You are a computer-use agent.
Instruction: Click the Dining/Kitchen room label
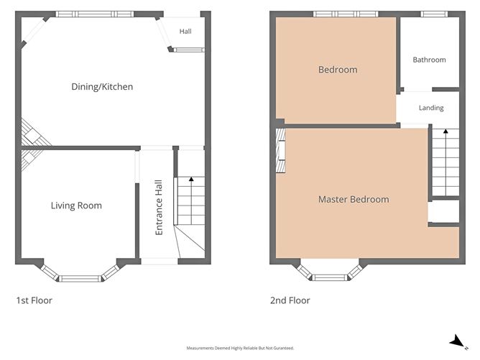point(102,87)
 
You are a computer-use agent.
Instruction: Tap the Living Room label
point(76,206)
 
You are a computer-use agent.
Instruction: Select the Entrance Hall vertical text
point(159,208)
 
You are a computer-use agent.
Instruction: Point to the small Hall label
point(185,31)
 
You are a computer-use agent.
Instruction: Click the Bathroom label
point(429,60)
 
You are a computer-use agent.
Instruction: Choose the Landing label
point(431,108)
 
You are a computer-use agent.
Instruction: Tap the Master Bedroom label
point(354,200)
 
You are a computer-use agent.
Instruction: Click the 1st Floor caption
point(34,300)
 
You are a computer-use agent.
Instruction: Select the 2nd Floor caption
point(290,300)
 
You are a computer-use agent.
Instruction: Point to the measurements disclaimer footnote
point(240,348)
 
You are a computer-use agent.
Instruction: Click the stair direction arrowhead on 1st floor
point(191,179)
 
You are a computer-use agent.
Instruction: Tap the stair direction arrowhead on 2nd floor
point(446,131)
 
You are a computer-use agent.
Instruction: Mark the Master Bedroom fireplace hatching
point(281,151)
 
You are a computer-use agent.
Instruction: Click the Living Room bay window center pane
point(80,279)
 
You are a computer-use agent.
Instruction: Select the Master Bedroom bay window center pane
point(330,277)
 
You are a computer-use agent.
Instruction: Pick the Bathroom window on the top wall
point(434,14)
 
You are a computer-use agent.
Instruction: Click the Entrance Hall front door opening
point(160,261)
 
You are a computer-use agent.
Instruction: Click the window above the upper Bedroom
point(346,14)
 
